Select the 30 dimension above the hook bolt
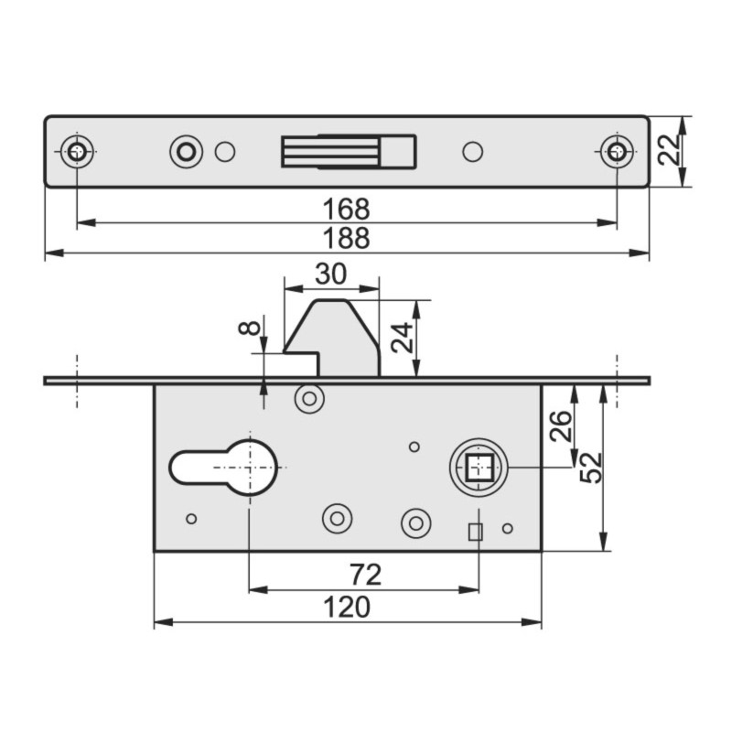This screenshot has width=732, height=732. point(330,274)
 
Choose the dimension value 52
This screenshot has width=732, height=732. point(590,467)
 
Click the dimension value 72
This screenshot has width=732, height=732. point(364,576)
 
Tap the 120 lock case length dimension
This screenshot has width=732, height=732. point(348,607)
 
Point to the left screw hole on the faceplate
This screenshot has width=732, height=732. point(77,152)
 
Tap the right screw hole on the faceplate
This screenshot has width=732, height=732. point(617,152)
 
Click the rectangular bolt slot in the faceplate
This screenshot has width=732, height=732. point(349,151)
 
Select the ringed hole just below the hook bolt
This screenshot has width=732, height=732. point(309,398)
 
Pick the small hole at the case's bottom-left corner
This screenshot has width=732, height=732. point(191,519)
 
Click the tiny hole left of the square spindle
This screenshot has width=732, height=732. point(414,447)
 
